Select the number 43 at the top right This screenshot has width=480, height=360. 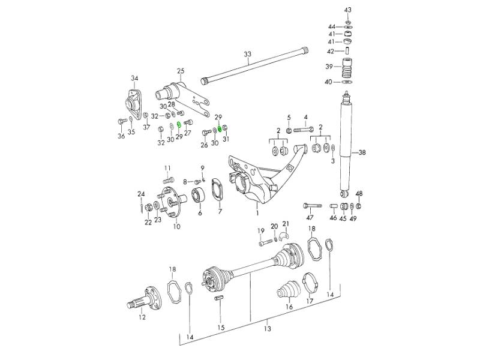tap(349, 11)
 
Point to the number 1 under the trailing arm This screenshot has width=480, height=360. tap(257, 212)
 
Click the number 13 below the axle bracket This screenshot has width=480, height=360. tap(268, 328)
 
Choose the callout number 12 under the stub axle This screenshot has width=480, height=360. tap(142, 317)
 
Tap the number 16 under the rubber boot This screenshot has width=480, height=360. tap(289, 307)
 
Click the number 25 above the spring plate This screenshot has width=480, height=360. tap(180, 71)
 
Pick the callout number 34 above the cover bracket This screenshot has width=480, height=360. tap(134, 78)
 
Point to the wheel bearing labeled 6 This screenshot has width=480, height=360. tap(199, 196)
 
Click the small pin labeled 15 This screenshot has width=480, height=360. tap(220, 296)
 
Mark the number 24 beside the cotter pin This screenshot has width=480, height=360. tap(142, 194)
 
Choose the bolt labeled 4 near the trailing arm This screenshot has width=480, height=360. tap(305, 129)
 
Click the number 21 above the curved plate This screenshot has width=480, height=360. tap(286, 224)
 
